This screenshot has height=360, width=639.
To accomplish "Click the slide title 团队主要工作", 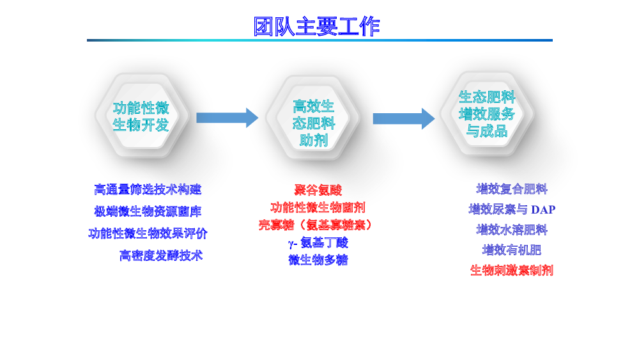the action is [317, 26].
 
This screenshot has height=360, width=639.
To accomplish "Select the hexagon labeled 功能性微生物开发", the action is [141, 115].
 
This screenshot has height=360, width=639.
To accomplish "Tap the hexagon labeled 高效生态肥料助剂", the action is [312, 118].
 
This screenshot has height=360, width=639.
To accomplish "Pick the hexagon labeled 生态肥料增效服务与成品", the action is [486, 114].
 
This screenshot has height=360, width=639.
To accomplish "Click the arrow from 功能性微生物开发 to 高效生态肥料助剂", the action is [227, 118].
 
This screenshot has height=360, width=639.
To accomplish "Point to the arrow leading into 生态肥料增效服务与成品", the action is [404, 119].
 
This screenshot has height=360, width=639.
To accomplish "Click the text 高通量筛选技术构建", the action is [148, 189].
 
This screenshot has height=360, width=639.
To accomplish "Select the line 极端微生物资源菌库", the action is [148, 211].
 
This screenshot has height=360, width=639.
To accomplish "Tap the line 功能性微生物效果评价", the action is [148, 233].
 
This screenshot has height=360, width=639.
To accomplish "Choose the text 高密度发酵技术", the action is [161, 255].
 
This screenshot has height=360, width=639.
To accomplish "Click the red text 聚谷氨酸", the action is [318, 190].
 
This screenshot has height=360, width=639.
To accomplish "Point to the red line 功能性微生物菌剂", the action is [318, 208].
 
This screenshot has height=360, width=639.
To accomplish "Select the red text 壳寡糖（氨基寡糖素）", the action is [315, 225].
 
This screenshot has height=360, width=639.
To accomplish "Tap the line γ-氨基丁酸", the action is [318, 243].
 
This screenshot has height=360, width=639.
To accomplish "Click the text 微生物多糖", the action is [318, 260].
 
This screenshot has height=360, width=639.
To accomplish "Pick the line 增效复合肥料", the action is [512, 189].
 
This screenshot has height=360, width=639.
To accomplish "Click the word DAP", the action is [543, 210].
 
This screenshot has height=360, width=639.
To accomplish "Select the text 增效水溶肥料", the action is [512, 230].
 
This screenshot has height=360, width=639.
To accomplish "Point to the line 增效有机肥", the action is [512, 249].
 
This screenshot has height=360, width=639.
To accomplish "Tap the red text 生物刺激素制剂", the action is [512, 270].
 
